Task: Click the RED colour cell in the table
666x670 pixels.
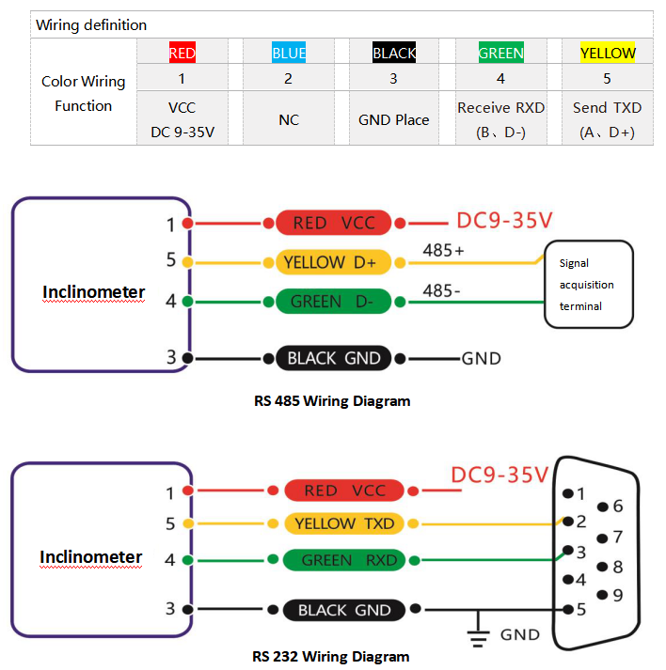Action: click(x=182, y=53)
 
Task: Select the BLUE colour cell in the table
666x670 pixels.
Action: click(x=289, y=53)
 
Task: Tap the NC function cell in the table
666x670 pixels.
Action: click(x=289, y=119)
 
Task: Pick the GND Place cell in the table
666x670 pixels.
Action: click(x=393, y=119)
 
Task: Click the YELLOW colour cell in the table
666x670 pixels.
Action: click(x=608, y=53)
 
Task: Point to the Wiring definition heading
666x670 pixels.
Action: click(x=91, y=24)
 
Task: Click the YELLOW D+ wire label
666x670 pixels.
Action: click(x=334, y=263)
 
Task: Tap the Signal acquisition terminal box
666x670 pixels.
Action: click(x=589, y=285)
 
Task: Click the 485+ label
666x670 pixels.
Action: click(x=444, y=250)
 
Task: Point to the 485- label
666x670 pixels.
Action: click(x=442, y=290)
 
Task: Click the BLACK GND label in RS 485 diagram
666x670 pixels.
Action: click(x=333, y=358)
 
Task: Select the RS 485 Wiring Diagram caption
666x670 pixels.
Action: click(x=332, y=401)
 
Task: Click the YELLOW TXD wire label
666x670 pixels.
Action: click(x=343, y=523)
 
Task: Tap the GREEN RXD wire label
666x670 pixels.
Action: click(x=343, y=560)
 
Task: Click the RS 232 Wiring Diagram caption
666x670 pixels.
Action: click(x=331, y=656)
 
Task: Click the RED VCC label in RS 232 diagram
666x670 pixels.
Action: click(x=343, y=490)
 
